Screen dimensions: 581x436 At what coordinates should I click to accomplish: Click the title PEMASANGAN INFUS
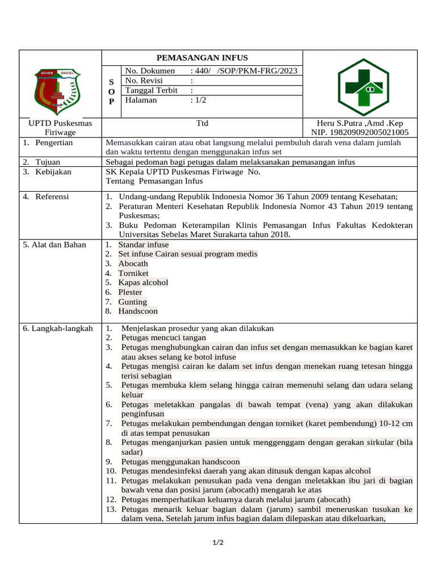tap(202, 58)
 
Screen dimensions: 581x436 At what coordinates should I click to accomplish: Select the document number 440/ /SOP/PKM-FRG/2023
tap(245, 71)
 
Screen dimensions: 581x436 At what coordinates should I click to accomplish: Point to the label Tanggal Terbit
tap(148, 90)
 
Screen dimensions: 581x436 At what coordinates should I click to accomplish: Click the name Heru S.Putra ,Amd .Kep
tap(361, 123)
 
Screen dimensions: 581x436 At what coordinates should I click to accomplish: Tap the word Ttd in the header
tap(203, 123)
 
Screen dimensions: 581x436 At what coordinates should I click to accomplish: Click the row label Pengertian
tap(53, 143)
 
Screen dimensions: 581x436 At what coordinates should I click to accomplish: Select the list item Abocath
tap(133, 264)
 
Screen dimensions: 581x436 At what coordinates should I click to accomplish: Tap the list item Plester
tap(130, 292)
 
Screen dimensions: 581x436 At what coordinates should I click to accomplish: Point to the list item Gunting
tap(132, 302)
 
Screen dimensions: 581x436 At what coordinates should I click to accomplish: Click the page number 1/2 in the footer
tap(218, 543)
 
